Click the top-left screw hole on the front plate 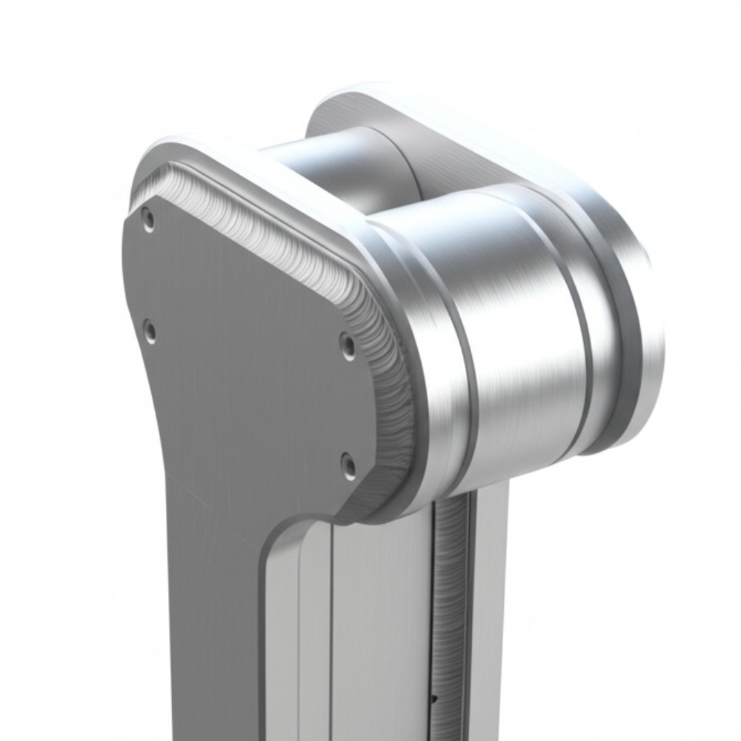point(148,219)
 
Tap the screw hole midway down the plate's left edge point(149,331)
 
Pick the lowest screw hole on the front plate point(348,465)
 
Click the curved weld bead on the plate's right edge point(393,385)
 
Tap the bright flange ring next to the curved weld point(437,370)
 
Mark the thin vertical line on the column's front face point(331,630)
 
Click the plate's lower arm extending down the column point(215,630)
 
